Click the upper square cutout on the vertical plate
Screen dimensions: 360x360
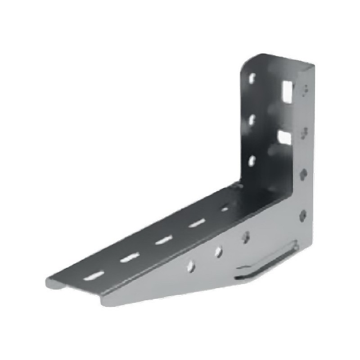coord(287,90)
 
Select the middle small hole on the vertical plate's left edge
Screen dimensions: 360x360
coord(252,119)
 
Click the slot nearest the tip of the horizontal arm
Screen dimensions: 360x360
coord(93,274)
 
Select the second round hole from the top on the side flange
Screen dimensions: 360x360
coord(304,131)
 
